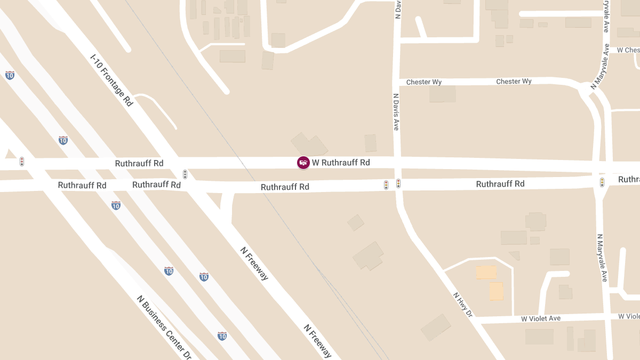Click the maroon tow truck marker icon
(303, 163)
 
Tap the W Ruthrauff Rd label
(341, 162)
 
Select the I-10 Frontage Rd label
(111, 80)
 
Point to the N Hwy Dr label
(463, 305)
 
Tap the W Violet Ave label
(541, 318)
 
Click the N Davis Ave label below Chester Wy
(396, 113)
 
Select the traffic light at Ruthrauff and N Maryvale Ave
(602, 182)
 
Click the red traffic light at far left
(22, 161)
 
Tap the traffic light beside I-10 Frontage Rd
(185, 174)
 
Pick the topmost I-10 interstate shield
(10, 75)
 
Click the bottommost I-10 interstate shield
(222, 336)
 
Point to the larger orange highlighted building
(496, 291)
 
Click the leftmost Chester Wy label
(424, 82)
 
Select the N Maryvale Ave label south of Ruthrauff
(602, 258)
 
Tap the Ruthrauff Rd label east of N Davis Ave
(500, 184)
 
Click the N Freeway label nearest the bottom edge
(318, 341)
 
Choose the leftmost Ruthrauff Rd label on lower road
(82, 186)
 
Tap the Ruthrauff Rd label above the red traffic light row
(139, 163)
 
